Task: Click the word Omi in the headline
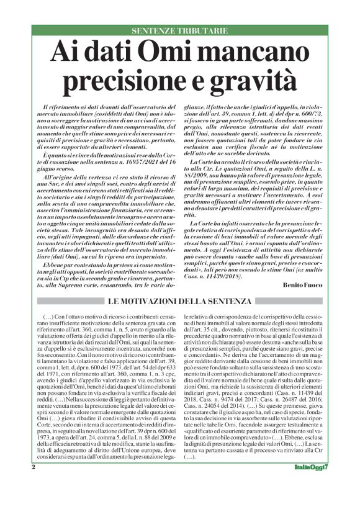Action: [163, 52]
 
